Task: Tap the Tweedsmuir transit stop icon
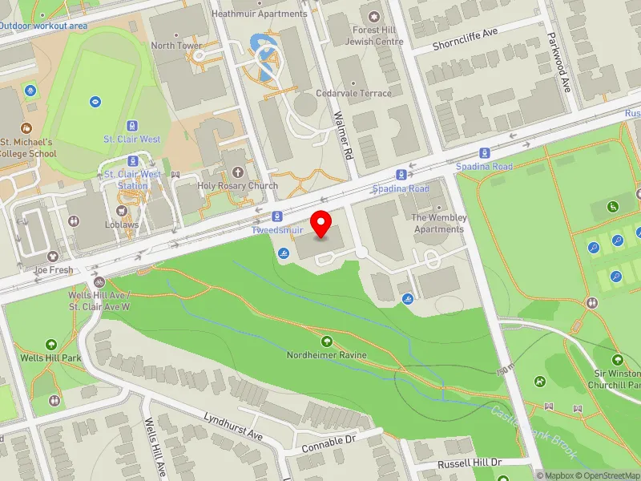coord(276,216)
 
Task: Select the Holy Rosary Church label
coord(238,186)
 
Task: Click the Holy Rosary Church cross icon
coord(237,173)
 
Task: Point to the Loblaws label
coord(122,224)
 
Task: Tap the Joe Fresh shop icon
coord(53,257)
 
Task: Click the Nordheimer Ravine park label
coord(327,355)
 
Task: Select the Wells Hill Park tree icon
coord(52,343)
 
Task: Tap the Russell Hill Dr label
coord(469,463)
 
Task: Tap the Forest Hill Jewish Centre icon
coord(373,16)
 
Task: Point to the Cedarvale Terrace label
coord(353,93)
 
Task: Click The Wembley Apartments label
coord(439,223)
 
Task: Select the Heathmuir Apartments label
coord(259,14)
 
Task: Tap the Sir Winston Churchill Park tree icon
coord(618,360)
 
